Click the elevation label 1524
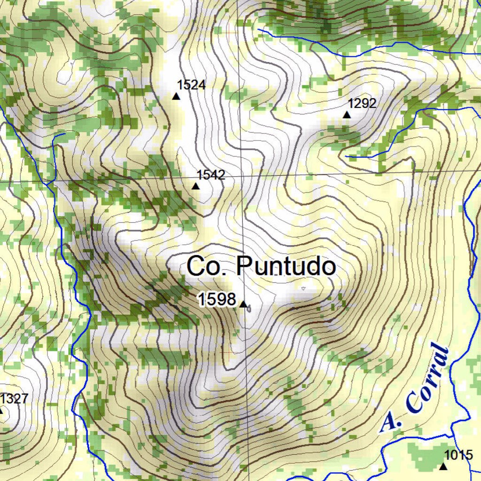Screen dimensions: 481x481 pyautogui.click(x=191, y=85)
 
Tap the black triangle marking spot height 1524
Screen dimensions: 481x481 pyautogui.click(x=176, y=96)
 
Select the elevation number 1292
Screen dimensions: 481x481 pyautogui.click(x=362, y=103)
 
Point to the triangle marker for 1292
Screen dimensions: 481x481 pyautogui.click(x=347, y=115)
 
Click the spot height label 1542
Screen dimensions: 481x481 pyautogui.click(x=211, y=175)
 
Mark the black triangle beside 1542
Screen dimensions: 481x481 pyautogui.click(x=195, y=186)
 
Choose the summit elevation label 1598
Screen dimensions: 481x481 pyautogui.click(x=217, y=299)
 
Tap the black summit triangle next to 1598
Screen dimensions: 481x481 pyautogui.click(x=243, y=304)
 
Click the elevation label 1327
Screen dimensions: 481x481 pyautogui.click(x=14, y=399)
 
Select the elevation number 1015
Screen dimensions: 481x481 pyautogui.click(x=458, y=455)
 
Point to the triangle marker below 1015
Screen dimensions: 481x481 pyautogui.click(x=442, y=466)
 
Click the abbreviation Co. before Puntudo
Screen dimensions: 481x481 pyautogui.click(x=207, y=266)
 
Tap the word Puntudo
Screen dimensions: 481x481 pyautogui.click(x=286, y=266)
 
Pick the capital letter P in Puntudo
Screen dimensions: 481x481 pyautogui.click(x=245, y=266)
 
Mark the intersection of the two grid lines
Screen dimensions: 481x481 pyautogui.click(x=241, y=176)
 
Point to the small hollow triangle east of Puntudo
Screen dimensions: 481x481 pyautogui.click(x=303, y=288)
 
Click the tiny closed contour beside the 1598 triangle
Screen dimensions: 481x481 pyautogui.click(x=249, y=308)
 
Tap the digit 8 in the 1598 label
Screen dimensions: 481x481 pyautogui.click(x=230, y=299)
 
